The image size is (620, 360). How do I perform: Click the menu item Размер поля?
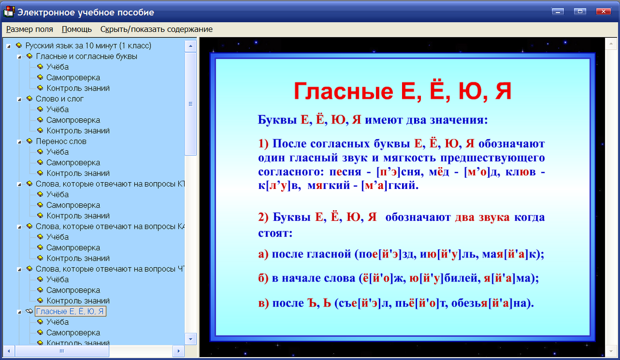30,29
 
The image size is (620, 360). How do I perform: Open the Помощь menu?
77,29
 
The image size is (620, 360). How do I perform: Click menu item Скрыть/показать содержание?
156,29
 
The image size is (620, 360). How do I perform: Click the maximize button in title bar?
580,11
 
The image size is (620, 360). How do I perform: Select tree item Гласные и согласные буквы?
86,56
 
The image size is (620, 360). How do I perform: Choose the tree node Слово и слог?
60,99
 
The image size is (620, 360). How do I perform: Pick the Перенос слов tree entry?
61,141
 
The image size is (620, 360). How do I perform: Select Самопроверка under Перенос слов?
73,163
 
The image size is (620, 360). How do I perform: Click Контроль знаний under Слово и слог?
78,131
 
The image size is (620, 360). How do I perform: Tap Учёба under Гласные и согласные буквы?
58,67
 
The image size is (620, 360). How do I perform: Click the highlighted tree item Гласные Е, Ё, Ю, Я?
71,312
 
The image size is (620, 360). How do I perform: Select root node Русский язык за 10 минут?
88,46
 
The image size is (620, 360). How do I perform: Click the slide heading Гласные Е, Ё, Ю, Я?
403,91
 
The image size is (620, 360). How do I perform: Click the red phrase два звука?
482,217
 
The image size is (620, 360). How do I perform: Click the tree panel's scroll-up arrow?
190,46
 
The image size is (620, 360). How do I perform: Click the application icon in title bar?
9,12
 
